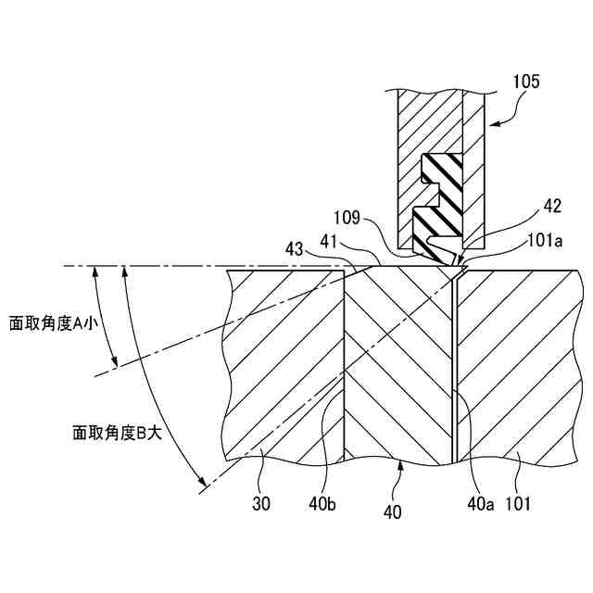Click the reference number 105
click(525, 82)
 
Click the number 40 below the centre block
click(392, 511)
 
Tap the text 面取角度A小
click(55, 323)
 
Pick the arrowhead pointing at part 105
click(491, 121)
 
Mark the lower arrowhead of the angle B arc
click(200, 486)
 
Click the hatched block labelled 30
click(278, 371)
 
